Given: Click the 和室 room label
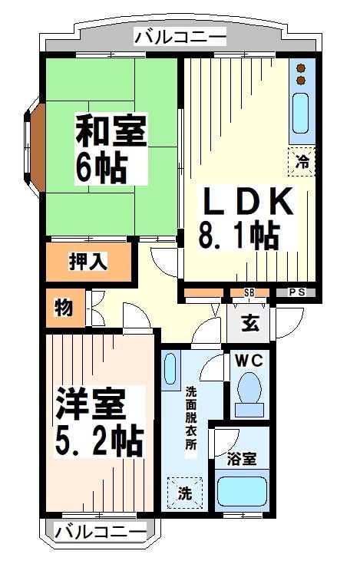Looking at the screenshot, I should (x=111, y=131).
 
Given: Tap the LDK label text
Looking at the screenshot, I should (x=247, y=203).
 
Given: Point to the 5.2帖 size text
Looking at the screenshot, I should (x=100, y=440).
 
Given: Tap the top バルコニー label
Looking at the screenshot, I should (x=180, y=37).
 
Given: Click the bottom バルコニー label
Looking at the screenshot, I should (x=101, y=531).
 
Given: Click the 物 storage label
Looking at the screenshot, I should (x=63, y=308).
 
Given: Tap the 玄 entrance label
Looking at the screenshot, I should (x=250, y=322).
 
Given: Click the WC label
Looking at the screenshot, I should (x=248, y=359).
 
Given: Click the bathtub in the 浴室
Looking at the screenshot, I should (x=241, y=492).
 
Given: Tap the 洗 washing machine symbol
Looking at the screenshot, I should (x=185, y=492).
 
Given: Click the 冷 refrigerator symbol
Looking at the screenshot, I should (x=302, y=162).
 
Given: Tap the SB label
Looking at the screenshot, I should (x=249, y=292).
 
